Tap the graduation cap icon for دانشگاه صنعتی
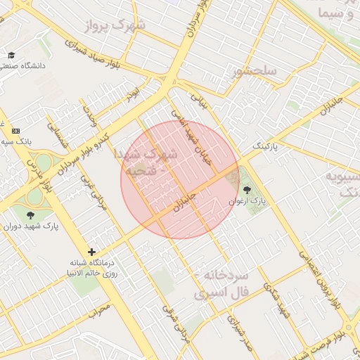click(11, 55)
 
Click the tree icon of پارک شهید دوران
click(30, 215)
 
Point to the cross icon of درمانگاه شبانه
click(91, 252)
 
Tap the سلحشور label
click(258, 71)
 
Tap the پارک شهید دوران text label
click(31, 226)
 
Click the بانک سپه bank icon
click(15, 131)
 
